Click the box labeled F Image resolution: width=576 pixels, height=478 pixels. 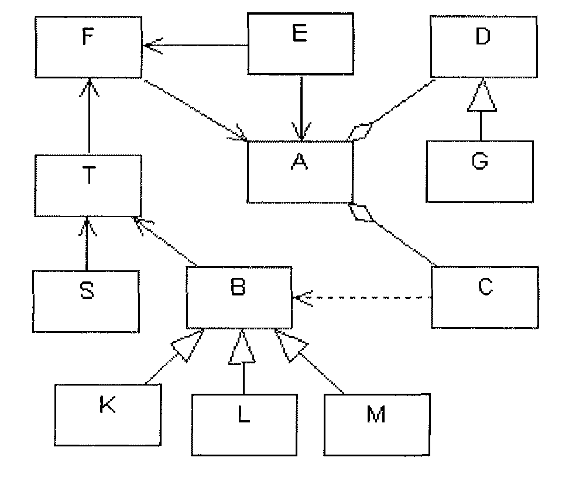pos(88,47)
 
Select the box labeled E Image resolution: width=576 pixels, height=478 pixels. pos(300,44)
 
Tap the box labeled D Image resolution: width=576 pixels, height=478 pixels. pos(484,47)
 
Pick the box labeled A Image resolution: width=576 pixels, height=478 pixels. pos(300,171)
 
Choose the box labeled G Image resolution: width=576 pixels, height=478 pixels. pos(480,171)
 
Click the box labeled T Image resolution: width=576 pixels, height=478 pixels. pos(88,186)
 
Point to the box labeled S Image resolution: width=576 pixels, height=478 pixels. pos(86,301)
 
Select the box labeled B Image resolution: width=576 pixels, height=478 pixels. pos(239,297)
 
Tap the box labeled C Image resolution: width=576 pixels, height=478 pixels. pos(485,297)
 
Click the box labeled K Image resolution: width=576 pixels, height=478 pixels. pos(108,415)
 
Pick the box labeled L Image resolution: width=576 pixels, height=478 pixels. pos(244,425)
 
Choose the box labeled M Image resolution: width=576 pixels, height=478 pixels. pos(377,424)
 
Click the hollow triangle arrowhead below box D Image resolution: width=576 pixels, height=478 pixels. pos(482,95)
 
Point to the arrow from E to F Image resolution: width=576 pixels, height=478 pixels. pos(195,45)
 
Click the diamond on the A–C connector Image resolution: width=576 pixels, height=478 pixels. pos(362,213)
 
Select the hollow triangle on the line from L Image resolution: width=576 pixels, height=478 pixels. pos(242,347)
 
